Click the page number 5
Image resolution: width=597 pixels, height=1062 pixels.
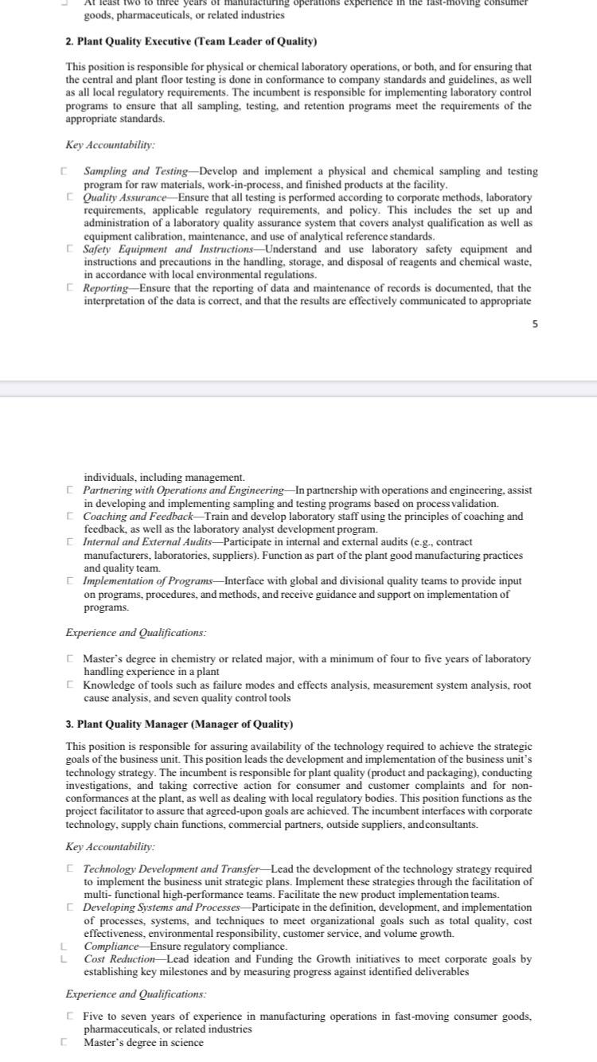(535, 324)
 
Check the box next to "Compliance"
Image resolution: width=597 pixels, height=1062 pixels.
(63, 947)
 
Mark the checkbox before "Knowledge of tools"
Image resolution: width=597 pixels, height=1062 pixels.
(71, 685)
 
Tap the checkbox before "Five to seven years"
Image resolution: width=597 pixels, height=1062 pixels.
(71, 1016)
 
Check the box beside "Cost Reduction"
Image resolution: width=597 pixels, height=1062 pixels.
(63, 959)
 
